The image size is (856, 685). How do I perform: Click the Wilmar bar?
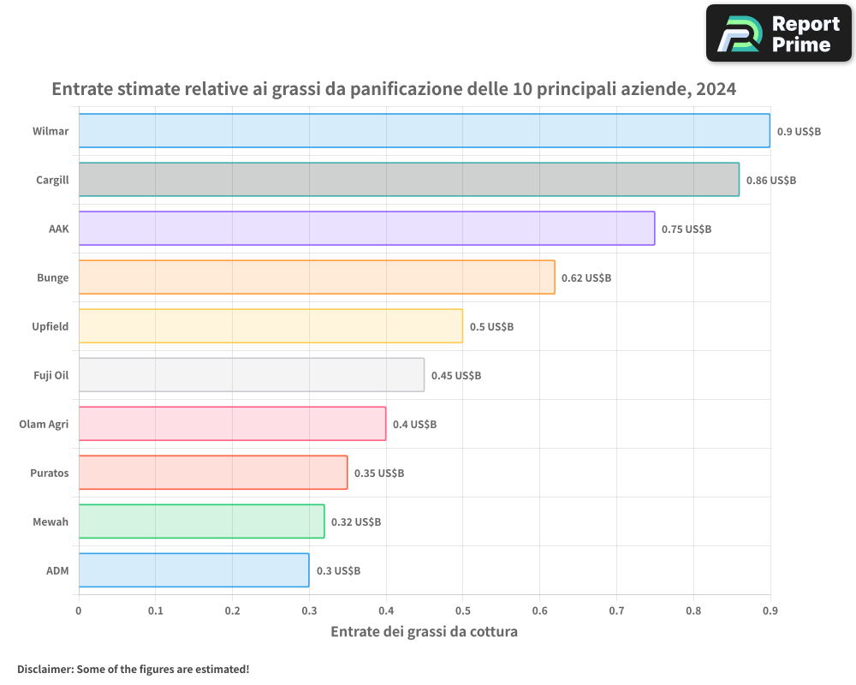tap(425, 130)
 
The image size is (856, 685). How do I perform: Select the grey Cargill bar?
tap(409, 179)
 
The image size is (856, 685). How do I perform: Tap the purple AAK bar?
tap(367, 229)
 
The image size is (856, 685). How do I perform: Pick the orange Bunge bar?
tap(317, 277)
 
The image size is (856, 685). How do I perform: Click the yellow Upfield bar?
tap(270, 326)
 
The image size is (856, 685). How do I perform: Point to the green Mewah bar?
tap(201, 521)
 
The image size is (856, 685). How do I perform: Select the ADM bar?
tap(193, 570)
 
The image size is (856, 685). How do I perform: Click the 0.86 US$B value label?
tap(771, 181)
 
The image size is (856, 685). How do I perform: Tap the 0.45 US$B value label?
tap(456, 375)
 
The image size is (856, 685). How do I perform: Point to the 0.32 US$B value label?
tap(356, 521)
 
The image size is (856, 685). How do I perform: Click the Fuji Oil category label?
tap(51, 375)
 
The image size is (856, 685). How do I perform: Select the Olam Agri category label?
tap(44, 425)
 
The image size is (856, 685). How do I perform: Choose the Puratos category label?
tap(50, 473)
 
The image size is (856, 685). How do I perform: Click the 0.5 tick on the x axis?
tap(463, 611)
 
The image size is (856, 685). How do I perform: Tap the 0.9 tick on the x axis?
tap(770, 611)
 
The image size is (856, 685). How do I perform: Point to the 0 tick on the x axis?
tap(79, 611)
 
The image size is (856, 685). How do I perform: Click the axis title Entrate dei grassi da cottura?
tap(425, 631)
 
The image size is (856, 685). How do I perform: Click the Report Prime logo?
tap(779, 33)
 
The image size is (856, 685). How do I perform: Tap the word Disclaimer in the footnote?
tap(45, 669)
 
